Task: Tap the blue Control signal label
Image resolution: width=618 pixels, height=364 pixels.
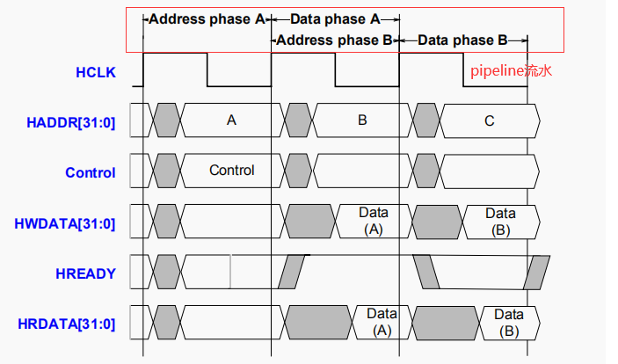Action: pyautogui.click(x=90, y=172)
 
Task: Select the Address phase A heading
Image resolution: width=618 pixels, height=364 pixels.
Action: pyautogui.click(x=207, y=18)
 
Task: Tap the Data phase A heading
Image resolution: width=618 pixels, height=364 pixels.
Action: pyautogui.click(x=334, y=18)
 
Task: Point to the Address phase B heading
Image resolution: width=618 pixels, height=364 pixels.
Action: pyautogui.click(x=335, y=40)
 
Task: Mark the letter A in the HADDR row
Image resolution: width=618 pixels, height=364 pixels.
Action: pyautogui.click(x=231, y=120)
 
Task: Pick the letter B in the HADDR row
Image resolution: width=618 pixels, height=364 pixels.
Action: pyautogui.click(x=361, y=120)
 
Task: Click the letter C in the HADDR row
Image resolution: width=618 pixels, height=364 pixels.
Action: pyautogui.click(x=490, y=120)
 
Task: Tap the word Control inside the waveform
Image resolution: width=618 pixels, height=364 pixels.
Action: pyautogui.click(x=231, y=170)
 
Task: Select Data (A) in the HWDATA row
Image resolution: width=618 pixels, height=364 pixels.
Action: pyautogui.click(x=374, y=221)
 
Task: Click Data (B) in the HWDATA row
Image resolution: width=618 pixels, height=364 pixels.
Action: pyautogui.click(x=500, y=221)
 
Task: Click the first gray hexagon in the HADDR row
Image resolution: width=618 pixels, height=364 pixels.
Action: pyautogui.click(x=165, y=120)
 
